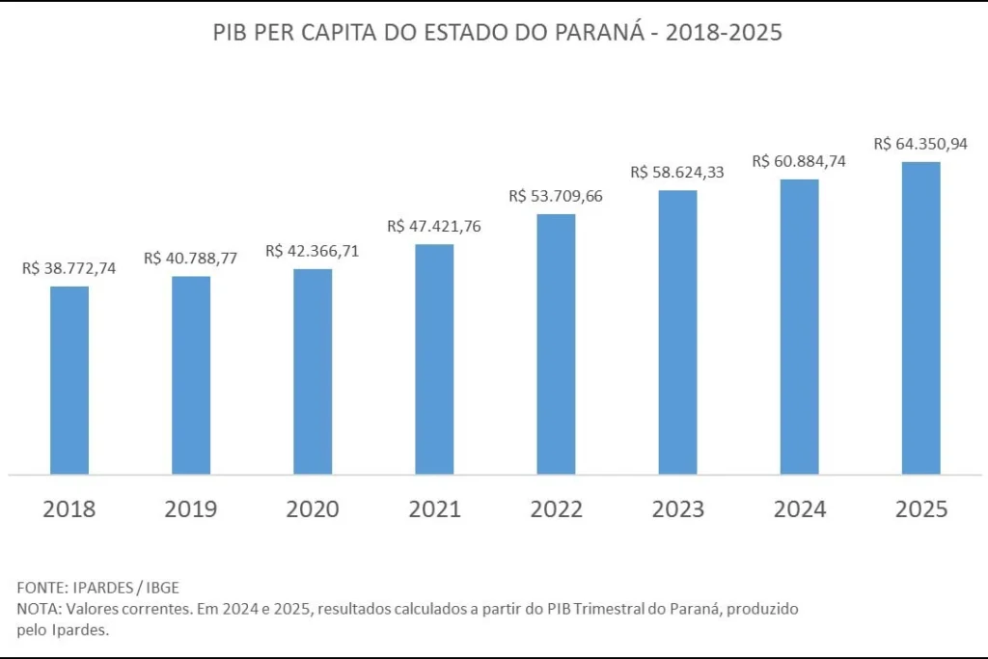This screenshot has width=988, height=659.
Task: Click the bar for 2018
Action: click(x=69, y=380)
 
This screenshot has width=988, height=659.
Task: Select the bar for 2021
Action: click(x=434, y=359)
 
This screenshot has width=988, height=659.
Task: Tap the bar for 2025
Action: click(x=921, y=318)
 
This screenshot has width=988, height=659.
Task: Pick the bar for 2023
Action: click(x=678, y=332)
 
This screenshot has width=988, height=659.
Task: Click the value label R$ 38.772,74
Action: click(x=69, y=268)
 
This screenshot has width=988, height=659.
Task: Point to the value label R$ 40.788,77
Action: click(x=190, y=259)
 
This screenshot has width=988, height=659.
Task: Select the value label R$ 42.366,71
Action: click(x=312, y=251)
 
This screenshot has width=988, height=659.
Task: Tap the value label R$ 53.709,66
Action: click(x=556, y=196)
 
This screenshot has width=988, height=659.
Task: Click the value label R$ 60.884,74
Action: click(x=799, y=161)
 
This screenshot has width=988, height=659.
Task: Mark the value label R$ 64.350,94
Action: click(x=920, y=144)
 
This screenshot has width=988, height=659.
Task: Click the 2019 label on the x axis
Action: click(x=191, y=509)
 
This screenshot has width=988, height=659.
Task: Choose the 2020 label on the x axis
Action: click(x=313, y=509)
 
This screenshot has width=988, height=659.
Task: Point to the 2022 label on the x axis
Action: click(x=557, y=509)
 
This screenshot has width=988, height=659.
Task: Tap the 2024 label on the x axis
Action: click(x=800, y=509)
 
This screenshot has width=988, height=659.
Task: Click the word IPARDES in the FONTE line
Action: click(x=103, y=588)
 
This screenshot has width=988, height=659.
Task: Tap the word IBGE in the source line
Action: click(x=162, y=588)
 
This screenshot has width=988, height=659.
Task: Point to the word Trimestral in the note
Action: click(x=610, y=609)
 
